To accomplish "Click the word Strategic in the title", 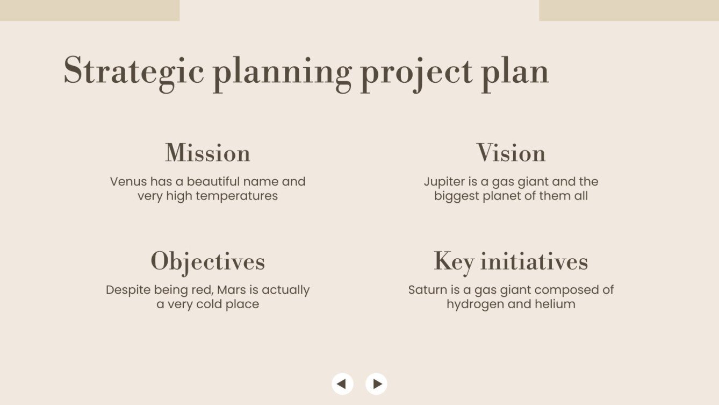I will [134, 71].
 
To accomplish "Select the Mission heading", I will [207, 153].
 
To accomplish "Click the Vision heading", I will [511, 153].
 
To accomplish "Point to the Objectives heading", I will [207, 261].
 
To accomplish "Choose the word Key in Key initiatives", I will [454, 262].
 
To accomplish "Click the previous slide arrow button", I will [342, 384].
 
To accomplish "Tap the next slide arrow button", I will [376, 384].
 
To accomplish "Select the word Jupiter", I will [443, 182].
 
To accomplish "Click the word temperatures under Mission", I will [236, 196].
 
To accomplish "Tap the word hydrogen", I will [473, 304].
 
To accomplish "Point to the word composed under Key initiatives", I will [566, 290].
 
